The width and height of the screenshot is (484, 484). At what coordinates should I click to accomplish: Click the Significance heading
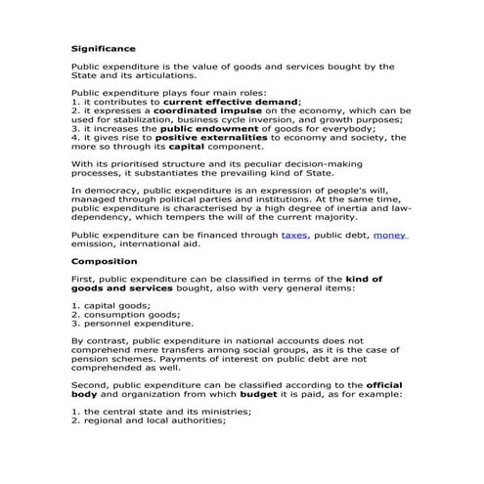coord(104,47)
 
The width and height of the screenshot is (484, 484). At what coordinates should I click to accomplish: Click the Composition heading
coord(104,261)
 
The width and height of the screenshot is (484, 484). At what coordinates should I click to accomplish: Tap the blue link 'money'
coord(389,236)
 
